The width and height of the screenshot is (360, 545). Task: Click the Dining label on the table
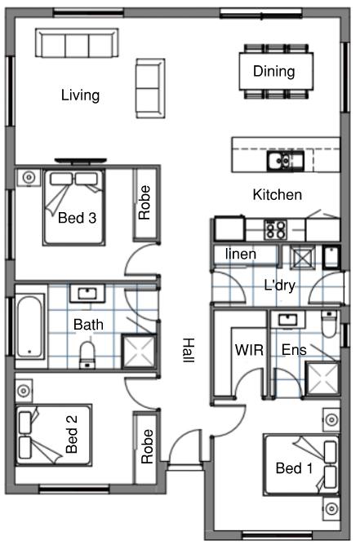click(274, 71)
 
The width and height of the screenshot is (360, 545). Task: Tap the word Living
click(80, 95)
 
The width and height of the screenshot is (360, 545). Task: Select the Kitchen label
click(278, 195)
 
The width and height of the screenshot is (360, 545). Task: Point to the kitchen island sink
click(285, 161)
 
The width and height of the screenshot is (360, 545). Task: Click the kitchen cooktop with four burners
click(275, 229)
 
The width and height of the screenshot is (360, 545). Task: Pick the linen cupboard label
click(241, 254)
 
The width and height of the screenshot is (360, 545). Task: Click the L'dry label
click(280, 285)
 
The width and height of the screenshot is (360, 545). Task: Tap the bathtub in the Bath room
click(29, 326)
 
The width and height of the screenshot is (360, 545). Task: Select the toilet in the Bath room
click(87, 355)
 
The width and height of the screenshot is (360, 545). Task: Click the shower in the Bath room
click(139, 351)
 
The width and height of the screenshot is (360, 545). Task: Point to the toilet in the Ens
click(329, 324)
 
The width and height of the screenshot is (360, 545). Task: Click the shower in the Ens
click(322, 379)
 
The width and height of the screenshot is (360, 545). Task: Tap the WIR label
click(249, 350)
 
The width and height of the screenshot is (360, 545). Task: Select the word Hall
click(189, 350)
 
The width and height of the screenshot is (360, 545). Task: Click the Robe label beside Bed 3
click(144, 202)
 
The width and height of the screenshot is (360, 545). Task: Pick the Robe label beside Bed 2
click(147, 446)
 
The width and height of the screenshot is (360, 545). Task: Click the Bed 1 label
click(294, 468)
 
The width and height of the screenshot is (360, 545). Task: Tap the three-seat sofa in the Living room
click(77, 42)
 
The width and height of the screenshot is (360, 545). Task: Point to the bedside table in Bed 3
click(29, 178)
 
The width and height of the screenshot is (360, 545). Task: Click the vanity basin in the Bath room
click(87, 294)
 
